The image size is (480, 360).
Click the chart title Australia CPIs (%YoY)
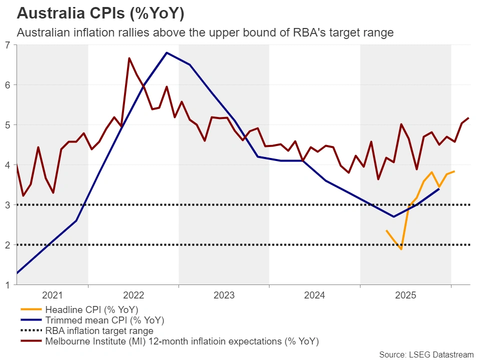coord(93,13)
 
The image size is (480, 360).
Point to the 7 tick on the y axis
coord(7,45)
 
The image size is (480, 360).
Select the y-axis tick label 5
coord(7,125)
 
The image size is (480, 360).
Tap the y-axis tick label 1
coord(7,285)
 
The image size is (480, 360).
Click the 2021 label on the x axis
coord(52,295)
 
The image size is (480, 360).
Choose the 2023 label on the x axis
coord(224,295)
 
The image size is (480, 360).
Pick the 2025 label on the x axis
coord(405,295)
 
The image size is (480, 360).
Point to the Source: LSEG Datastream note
coord(426,354)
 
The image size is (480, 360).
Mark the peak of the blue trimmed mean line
coord(166,52)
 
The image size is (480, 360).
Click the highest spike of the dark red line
coord(129,58)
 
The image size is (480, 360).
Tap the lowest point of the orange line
coord(401,249)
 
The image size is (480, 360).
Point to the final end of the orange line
coord(454,171)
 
